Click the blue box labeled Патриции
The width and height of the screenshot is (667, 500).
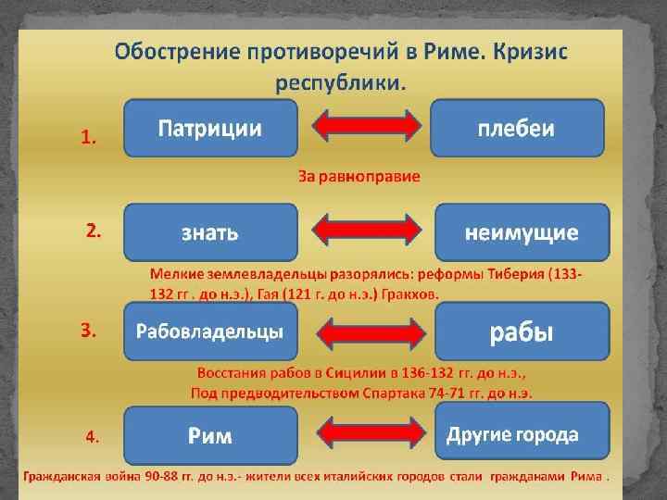(x=210, y=129)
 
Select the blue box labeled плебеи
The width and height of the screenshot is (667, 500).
(x=517, y=129)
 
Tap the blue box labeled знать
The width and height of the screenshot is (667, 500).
(x=210, y=232)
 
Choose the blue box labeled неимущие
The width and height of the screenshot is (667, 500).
(x=522, y=232)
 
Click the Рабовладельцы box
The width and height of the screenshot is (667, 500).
(x=210, y=331)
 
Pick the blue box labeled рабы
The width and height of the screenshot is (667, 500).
(x=522, y=331)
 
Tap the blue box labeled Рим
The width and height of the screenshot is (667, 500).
(x=210, y=434)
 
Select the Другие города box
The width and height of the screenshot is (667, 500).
(x=522, y=433)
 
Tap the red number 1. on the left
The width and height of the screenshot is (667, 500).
(x=89, y=138)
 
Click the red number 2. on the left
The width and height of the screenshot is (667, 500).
(x=94, y=232)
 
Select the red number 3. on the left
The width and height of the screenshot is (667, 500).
(x=89, y=331)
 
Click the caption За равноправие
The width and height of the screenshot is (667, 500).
(x=359, y=176)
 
